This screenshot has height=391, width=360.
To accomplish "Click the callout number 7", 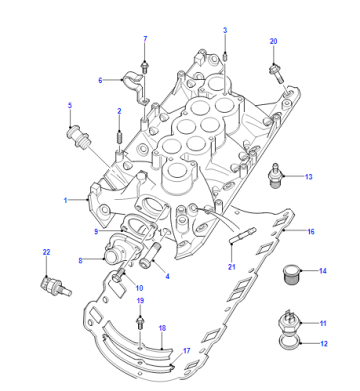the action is click(x=145, y=39).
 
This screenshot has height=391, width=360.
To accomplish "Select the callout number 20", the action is click(x=273, y=41).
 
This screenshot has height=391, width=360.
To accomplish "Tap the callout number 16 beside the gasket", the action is click(x=311, y=231).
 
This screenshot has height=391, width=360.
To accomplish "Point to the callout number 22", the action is click(x=46, y=252).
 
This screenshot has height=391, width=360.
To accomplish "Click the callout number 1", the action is click(x=66, y=200).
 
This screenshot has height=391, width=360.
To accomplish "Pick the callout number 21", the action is click(x=232, y=267).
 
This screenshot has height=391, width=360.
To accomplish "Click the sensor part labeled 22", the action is click(x=55, y=286).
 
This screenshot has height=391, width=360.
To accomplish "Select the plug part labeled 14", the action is click(x=290, y=274).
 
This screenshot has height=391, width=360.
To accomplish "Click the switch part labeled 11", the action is click(x=289, y=322).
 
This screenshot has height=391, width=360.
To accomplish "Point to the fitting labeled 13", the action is click(x=275, y=175).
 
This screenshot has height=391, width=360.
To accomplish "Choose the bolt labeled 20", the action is click(x=277, y=74).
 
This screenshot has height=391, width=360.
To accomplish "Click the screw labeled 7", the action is click(x=145, y=67).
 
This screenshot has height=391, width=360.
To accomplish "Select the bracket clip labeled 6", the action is click(x=136, y=87).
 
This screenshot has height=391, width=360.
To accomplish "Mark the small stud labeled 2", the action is click(x=119, y=137).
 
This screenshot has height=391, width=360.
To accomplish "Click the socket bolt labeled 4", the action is click(x=151, y=256).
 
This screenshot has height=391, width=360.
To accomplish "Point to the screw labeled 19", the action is click(x=140, y=323).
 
